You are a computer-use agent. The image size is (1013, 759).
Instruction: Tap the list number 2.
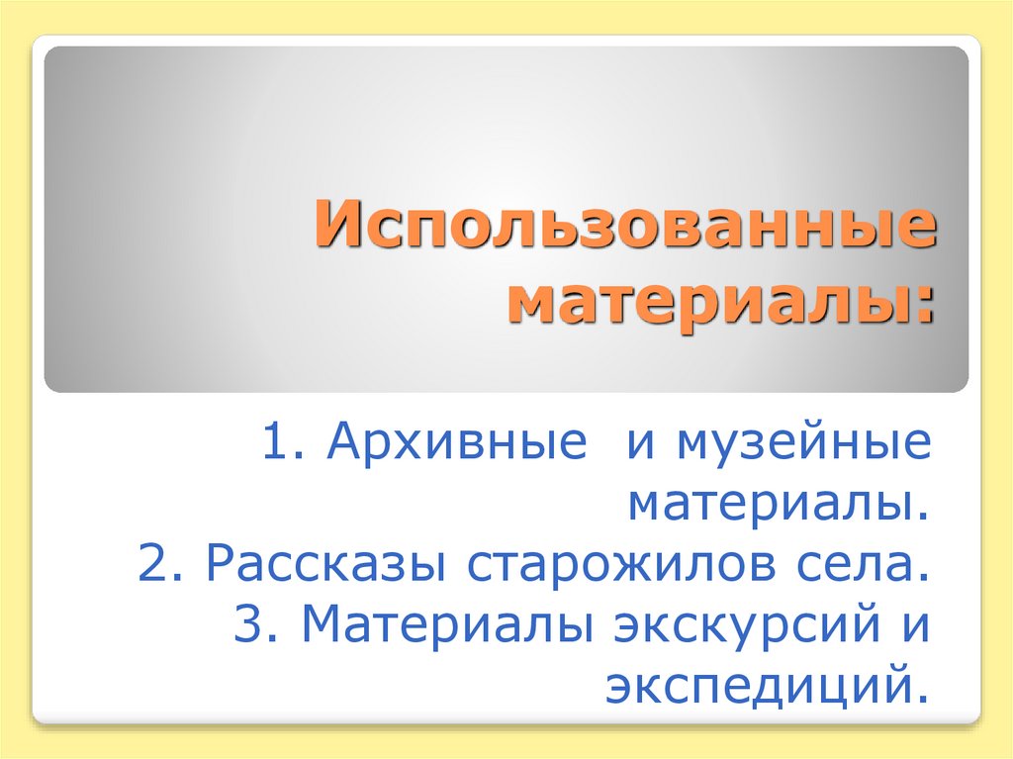tap(155, 564)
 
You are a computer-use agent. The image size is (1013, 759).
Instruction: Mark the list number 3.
tap(252, 624)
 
